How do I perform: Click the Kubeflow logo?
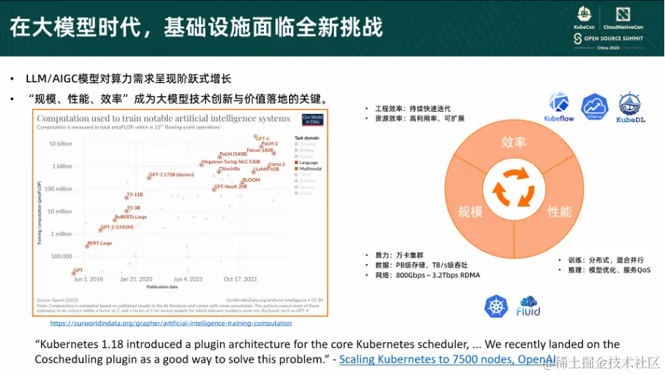click(x=558, y=107)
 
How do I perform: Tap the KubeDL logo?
click(x=630, y=107)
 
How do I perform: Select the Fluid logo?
click(x=529, y=306)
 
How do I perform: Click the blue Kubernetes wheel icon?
click(x=497, y=306)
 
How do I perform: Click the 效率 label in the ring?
click(x=513, y=141)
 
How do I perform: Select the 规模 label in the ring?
click(x=470, y=212)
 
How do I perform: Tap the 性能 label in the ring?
click(x=559, y=212)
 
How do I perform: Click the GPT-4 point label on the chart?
click(x=262, y=138)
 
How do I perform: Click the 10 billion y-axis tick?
click(x=60, y=143)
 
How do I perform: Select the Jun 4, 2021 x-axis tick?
click(x=188, y=279)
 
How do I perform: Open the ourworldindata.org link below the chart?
click(x=171, y=323)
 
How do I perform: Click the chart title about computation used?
click(x=163, y=118)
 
